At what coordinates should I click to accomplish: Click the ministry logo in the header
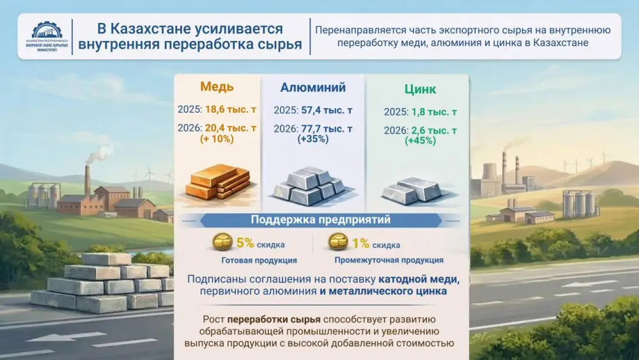point(47,38)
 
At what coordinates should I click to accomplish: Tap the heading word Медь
point(217,86)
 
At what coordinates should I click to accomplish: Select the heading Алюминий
point(313,88)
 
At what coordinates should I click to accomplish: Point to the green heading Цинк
point(420,89)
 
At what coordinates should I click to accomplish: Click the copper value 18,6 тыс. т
point(229,110)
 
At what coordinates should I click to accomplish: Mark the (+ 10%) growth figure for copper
point(217,139)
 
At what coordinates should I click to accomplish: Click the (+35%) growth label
point(313,139)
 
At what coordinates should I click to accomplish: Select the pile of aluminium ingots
point(309,186)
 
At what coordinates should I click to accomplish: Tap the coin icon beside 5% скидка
point(222,244)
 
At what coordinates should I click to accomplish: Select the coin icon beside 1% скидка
point(338,243)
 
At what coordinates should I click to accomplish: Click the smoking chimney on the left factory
point(88,180)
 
